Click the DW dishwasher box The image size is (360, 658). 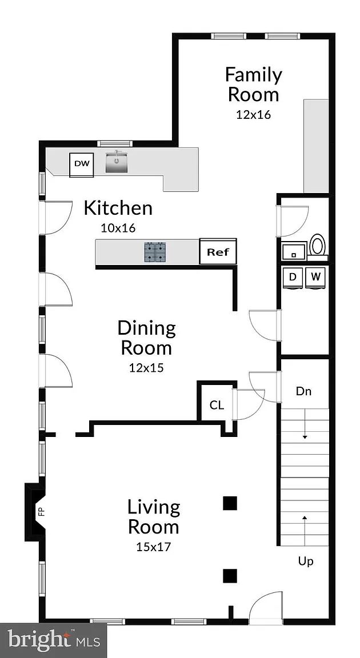pyautogui.click(x=82, y=164)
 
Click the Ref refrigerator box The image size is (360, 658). pyautogui.click(x=218, y=252)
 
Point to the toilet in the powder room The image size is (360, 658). pyautogui.click(x=318, y=244)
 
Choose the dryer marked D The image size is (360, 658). pyautogui.click(x=293, y=278)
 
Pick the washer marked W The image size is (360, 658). pyautogui.click(x=315, y=278)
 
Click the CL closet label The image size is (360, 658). pyautogui.click(x=217, y=406)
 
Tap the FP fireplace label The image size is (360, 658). pyautogui.click(x=42, y=512)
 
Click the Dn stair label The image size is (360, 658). pyautogui.click(x=303, y=391)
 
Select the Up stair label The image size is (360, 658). pyautogui.click(x=306, y=561)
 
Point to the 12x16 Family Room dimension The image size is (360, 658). pyautogui.click(x=253, y=114)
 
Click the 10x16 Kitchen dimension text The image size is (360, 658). pyautogui.click(x=118, y=228)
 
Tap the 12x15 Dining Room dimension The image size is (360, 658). pyautogui.click(x=146, y=368)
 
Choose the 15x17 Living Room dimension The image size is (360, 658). pyautogui.click(x=154, y=547)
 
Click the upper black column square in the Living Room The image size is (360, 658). pyautogui.click(x=230, y=503)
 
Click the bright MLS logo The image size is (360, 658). pyautogui.click(x=53, y=641)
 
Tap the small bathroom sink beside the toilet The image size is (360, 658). pyautogui.click(x=294, y=252)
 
